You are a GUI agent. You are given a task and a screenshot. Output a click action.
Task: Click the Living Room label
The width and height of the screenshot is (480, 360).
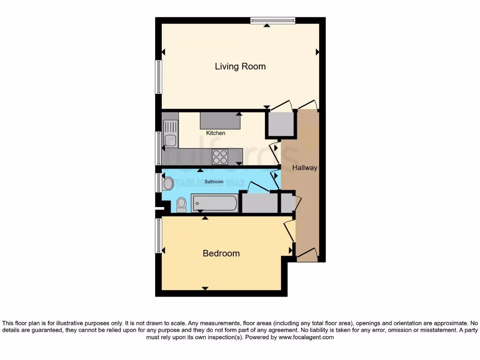pyautogui.click(x=240, y=67)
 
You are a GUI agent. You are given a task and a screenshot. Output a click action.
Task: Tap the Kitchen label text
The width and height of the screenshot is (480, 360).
pyautogui.click(x=216, y=133)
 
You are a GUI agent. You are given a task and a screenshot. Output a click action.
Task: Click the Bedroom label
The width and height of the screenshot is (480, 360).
pyautogui.click(x=221, y=254)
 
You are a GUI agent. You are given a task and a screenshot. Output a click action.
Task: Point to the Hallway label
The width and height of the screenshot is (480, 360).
pyautogui.click(x=305, y=168)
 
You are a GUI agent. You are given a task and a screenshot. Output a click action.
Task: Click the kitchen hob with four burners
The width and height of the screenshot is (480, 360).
pyautogui.click(x=220, y=157)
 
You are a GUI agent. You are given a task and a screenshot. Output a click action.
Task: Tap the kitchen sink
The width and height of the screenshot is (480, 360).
pyautogui.click(x=171, y=134)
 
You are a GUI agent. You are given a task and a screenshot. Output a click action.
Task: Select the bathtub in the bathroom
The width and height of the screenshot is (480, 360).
pyautogui.click(x=214, y=203)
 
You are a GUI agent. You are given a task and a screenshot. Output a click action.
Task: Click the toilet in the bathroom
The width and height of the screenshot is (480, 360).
pyautogui.click(x=181, y=205)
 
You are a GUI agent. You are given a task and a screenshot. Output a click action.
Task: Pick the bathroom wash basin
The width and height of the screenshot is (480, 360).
pyautogui.click(x=168, y=183)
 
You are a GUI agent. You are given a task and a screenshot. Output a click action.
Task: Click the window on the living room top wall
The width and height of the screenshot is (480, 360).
pyautogui.click(x=273, y=20)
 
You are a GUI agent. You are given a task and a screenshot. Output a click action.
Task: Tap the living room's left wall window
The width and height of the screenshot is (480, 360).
pyautogui.click(x=158, y=77)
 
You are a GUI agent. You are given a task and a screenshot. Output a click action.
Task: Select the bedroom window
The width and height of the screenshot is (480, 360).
pyautogui.click(x=158, y=236)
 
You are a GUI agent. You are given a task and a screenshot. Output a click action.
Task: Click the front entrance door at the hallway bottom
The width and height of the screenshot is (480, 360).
pyautogui.click(x=307, y=256)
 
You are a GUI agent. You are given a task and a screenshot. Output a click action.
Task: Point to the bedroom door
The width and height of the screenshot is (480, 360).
pyautogui.click(x=290, y=231)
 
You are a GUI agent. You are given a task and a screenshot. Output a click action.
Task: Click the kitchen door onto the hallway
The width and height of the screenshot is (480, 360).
pyautogui.click(x=275, y=153)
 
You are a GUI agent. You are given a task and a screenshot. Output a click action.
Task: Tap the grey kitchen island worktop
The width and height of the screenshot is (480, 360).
pyautogui.click(x=220, y=121)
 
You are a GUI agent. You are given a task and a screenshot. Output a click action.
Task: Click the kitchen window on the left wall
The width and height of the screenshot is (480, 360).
pyautogui.click(x=158, y=148)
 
